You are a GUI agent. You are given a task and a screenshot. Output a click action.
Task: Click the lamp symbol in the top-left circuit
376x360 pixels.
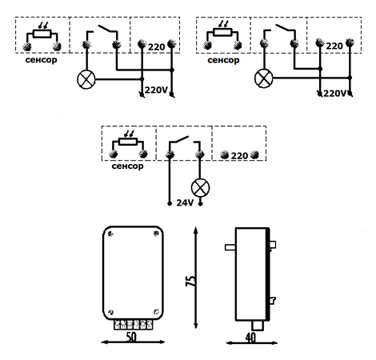point(86,80)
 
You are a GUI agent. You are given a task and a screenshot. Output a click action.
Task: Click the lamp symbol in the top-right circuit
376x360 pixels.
point(264,78)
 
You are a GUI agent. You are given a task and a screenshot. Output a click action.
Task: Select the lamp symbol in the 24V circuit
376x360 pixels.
point(200,188)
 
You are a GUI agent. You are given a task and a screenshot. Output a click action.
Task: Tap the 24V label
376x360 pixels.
point(185,203)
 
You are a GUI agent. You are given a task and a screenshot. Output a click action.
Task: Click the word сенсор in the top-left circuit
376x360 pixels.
point(41,60)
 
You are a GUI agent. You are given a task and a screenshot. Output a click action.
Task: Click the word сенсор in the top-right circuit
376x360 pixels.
point(223,60)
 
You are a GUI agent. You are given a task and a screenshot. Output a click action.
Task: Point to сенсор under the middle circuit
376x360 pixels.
point(127,166)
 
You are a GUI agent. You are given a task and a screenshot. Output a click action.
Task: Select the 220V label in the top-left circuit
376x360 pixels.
point(156,90)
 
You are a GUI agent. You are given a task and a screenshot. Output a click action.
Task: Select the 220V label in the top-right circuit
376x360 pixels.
point(334,94)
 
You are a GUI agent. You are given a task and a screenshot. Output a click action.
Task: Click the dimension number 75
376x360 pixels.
point(190,281)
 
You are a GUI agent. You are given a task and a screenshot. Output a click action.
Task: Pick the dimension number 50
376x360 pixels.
point(131,338)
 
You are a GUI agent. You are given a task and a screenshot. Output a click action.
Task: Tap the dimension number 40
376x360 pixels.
point(250,338)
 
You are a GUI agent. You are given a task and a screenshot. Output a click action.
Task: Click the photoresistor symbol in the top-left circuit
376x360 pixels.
point(42,34)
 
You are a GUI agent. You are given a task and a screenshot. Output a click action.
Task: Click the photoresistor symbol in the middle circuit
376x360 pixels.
point(128,142)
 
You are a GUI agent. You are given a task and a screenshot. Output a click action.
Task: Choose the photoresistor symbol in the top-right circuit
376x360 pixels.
point(222,31)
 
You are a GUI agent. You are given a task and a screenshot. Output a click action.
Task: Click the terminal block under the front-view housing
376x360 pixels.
point(134,325)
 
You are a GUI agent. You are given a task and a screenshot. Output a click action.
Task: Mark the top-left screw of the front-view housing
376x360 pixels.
point(111,234)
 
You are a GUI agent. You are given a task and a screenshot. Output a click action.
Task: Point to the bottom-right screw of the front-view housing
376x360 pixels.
point(157,312)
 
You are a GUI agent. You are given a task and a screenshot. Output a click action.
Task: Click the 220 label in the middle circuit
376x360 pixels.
point(239,156)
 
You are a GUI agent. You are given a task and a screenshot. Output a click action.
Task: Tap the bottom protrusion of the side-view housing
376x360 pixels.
point(258,326)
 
